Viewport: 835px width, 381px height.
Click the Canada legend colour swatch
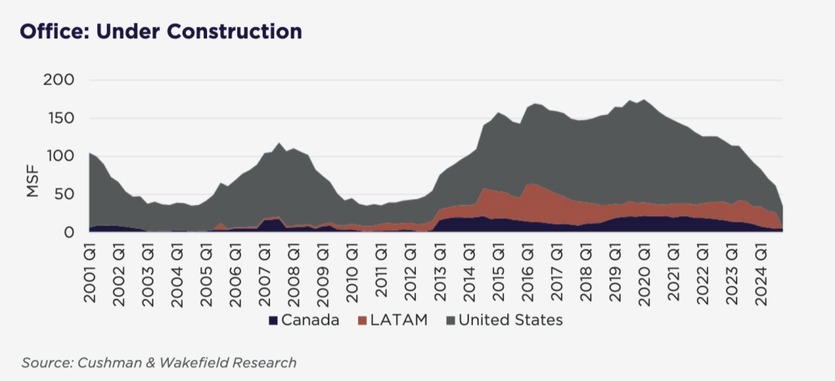pos(273,320)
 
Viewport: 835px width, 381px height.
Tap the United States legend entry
pos(510,320)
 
